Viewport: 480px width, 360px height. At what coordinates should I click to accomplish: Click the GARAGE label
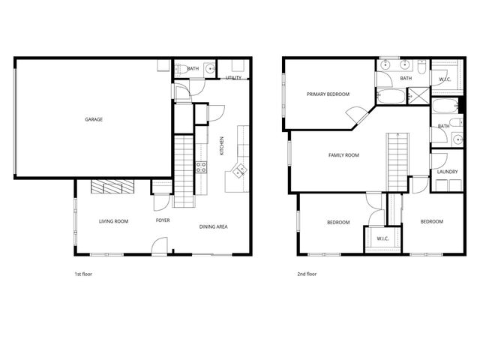coord(94,119)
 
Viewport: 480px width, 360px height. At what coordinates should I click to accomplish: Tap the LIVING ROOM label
coord(114,221)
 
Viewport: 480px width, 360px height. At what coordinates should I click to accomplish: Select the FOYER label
coord(163,221)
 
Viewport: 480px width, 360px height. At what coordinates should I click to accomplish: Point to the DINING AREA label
coord(213,226)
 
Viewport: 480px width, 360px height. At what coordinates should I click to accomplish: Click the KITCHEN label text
coord(221,145)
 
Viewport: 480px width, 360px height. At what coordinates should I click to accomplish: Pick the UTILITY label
coord(233,77)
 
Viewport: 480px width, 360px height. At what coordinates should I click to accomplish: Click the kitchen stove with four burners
coord(201,167)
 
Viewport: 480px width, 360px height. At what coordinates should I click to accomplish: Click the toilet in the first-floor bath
coord(183,70)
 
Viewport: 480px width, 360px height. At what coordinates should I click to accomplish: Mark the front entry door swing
coord(160,246)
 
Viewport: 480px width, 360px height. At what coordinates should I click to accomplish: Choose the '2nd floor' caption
coord(307,274)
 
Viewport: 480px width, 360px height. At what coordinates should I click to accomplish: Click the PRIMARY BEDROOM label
coord(328,94)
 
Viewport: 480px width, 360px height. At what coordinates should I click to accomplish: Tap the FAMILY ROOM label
coord(343,155)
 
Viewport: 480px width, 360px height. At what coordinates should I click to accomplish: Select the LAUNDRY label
coord(447,172)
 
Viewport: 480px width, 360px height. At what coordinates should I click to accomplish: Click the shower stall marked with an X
coord(415,95)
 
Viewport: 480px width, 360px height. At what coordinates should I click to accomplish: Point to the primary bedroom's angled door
coord(353,115)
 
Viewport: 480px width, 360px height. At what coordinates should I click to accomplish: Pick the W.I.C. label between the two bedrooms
coord(382,238)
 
